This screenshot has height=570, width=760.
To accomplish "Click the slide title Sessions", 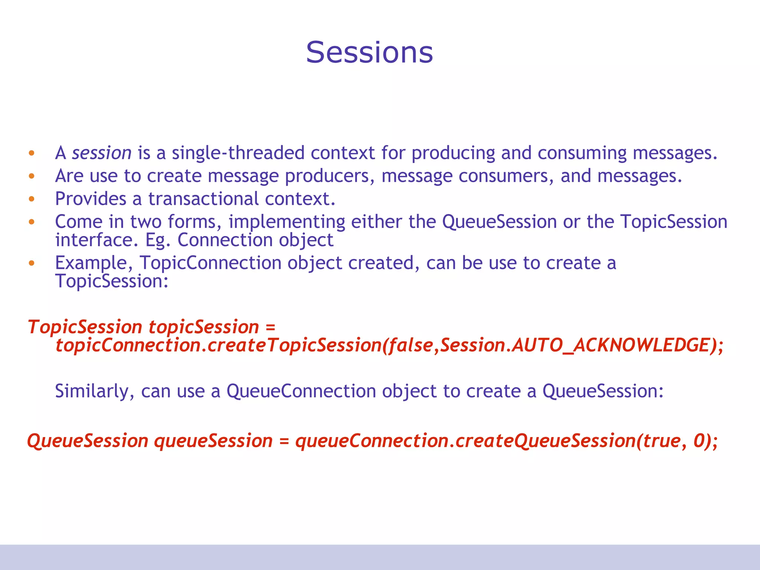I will point(369,52).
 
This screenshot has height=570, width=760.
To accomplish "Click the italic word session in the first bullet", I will point(102,153).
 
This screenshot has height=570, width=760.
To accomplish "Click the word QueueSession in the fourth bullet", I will point(499,222).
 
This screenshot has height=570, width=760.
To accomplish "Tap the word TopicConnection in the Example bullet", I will point(210,263).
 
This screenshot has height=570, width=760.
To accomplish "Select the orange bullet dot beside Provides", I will point(32,199).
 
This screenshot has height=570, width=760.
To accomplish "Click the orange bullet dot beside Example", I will point(32,263).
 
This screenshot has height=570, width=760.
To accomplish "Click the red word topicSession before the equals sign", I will point(203,327).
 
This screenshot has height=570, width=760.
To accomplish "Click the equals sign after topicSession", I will point(271,327).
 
